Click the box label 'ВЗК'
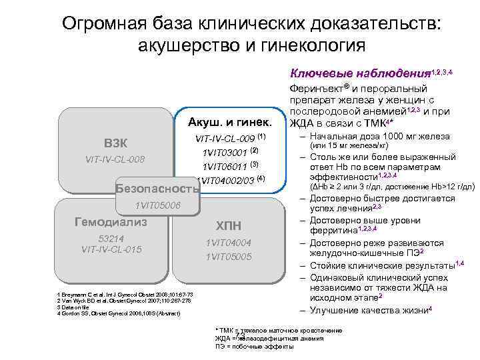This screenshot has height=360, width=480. pyautogui.click(x=116, y=143)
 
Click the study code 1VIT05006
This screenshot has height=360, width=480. pyautogui.click(x=157, y=205)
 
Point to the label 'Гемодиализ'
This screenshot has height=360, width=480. pyautogui.click(x=111, y=221)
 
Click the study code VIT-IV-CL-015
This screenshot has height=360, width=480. pyautogui.click(x=111, y=249)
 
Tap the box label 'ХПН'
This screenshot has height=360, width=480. pyautogui.click(x=229, y=225)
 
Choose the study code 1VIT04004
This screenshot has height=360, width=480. pyautogui.click(x=229, y=243)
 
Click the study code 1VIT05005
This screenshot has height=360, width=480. pyautogui.click(x=229, y=256)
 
